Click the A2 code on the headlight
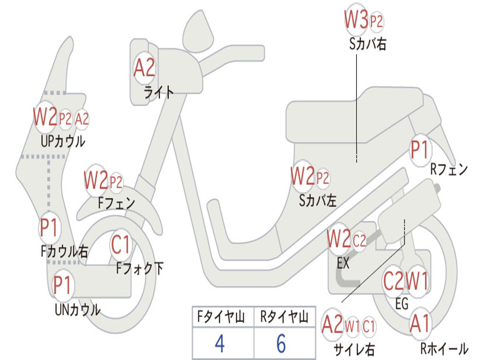144,68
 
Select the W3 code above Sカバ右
356,20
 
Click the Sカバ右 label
367,44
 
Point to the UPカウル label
63,141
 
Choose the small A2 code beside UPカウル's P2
82,119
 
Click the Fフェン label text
116,203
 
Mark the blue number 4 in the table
219,344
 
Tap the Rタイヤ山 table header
284,318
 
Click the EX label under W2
343,263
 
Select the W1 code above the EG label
416,281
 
